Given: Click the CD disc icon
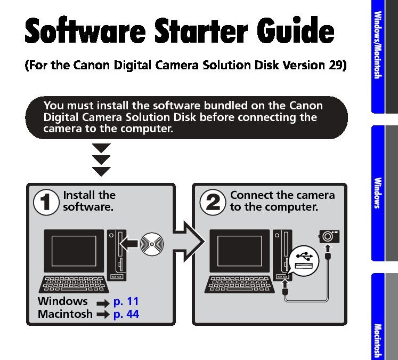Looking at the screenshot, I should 152,243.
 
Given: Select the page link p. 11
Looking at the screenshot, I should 126,302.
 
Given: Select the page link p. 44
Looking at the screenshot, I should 126,314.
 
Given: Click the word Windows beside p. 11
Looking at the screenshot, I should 62,302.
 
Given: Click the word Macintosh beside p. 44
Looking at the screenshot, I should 65,314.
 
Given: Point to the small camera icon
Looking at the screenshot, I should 329,235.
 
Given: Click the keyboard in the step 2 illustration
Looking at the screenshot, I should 240,284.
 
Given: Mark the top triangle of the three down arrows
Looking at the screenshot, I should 101,148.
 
